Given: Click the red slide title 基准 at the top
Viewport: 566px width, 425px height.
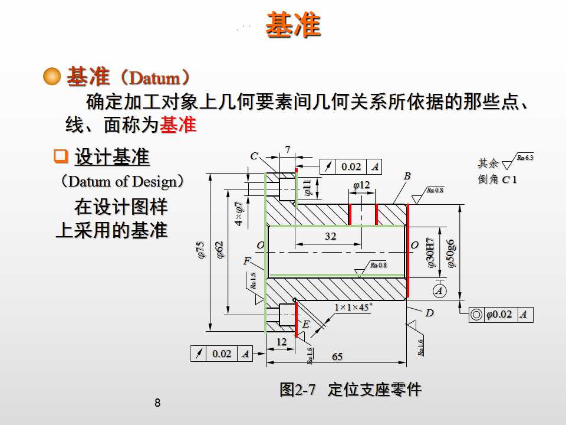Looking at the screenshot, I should pos(293,25).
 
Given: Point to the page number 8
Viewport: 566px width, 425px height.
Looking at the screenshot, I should pos(157,404).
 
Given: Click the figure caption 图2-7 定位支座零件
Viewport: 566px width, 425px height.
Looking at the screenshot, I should pos(350,390).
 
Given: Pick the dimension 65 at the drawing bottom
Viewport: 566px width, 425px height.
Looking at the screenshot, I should pos(337,357).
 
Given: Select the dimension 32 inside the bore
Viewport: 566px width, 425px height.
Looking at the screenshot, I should pos(330,236).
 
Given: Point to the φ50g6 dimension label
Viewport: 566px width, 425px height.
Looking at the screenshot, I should pos(451,254).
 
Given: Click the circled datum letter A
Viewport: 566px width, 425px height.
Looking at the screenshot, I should pos(439,290).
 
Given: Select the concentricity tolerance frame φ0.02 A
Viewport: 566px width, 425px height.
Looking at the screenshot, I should pos(501,315).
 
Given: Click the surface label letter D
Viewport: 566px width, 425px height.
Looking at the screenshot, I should pos(429,313).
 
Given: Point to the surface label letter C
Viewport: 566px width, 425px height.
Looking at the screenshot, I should pos(254,156).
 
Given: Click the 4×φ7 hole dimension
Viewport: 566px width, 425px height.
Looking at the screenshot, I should pos(239,214).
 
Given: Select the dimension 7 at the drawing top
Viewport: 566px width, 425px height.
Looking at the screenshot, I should pos(288,150).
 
